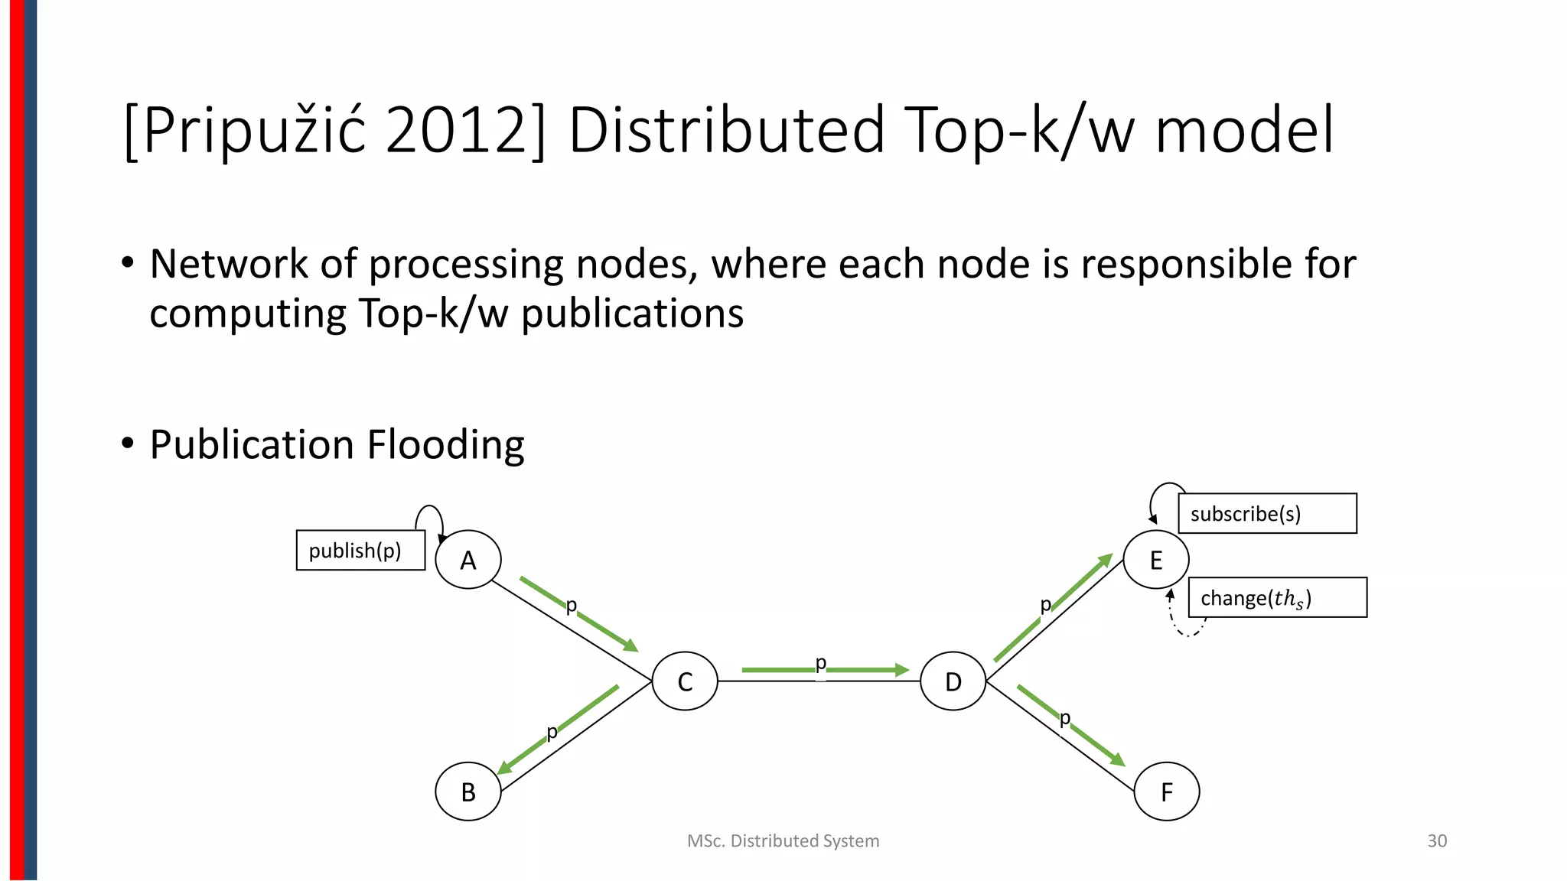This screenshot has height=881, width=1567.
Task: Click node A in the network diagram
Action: pos(467,560)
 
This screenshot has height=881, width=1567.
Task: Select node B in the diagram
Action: pos(467,792)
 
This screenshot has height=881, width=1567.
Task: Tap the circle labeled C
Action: pos(685,681)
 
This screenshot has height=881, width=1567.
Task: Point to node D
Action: pos(953,681)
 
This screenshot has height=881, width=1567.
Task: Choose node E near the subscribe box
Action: pos(1155,560)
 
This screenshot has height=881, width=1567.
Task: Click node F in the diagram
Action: pos(1166,792)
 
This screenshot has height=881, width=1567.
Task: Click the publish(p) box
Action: pos(360,550)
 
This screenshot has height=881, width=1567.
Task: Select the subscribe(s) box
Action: pos(1267,513)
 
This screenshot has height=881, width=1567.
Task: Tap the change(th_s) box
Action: pos(1277,597)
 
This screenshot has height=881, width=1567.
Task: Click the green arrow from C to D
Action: pos(825,671)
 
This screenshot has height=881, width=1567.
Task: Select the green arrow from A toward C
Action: pos(578,614)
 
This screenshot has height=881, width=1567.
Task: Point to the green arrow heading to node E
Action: pos(1053,607)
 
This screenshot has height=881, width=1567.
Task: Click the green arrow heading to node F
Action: pos(1071,726)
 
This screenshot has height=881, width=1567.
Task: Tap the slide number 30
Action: pos(1437,840)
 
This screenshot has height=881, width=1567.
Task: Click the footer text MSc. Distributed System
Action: pos(783,840)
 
